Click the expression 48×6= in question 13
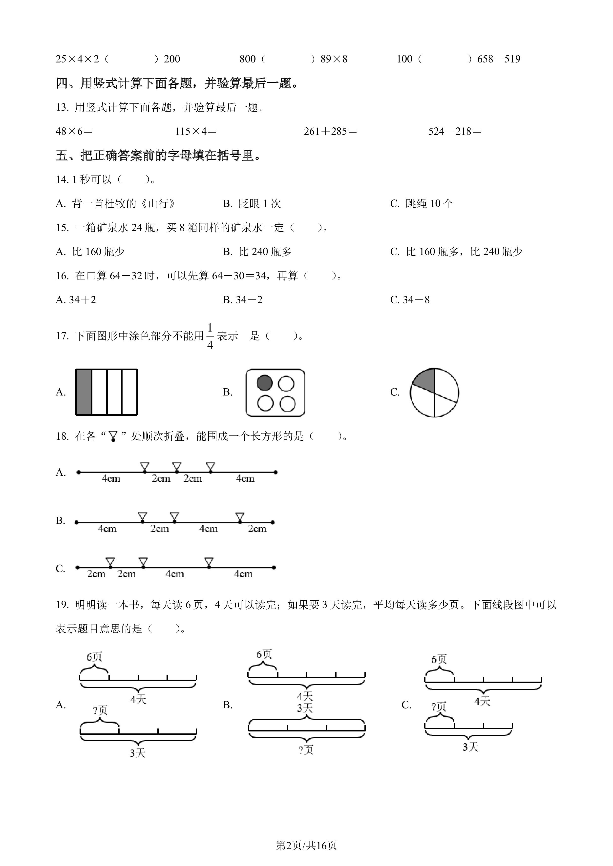point(74,131)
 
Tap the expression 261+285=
point(330,131)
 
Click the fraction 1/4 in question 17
point(210,336)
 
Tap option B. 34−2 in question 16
point(242,300)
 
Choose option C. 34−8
point(410,300)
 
